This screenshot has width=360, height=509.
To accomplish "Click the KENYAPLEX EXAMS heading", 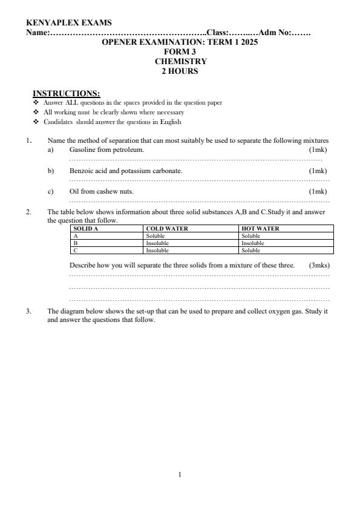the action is coord(69,23).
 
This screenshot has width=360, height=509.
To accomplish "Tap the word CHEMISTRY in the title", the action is coord(180,61).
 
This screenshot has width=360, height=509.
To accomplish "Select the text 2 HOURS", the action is coord(179,71).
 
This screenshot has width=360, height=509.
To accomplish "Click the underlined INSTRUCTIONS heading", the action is coord(66,93).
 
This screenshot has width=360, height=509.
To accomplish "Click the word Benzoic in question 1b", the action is coord(81,171).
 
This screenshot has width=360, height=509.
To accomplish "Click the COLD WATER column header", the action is coord(168,229).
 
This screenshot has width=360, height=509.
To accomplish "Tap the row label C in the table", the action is coord(75,250).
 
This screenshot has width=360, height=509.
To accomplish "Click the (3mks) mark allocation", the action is coord(319,265).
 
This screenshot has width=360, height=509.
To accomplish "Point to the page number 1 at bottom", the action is coord(180,474).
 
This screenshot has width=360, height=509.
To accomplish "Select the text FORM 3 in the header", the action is coord(180,52).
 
